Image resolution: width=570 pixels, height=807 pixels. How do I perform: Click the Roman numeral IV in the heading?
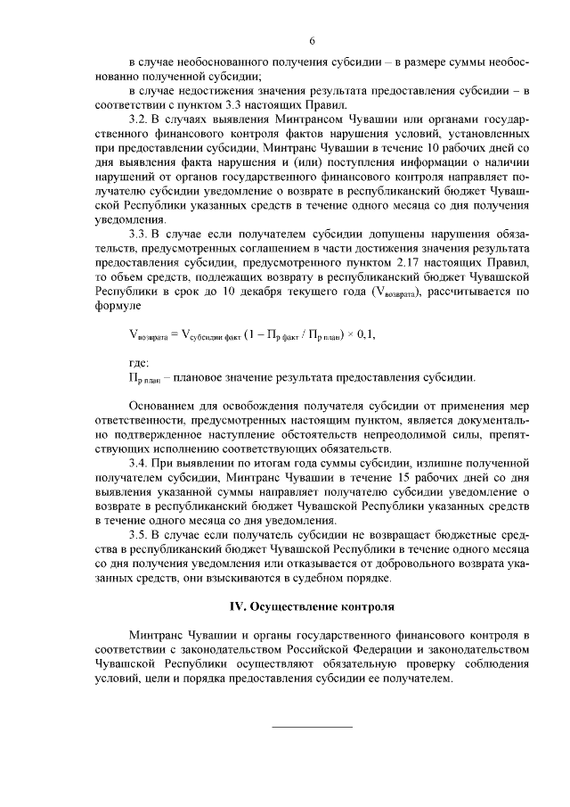coord(237,606)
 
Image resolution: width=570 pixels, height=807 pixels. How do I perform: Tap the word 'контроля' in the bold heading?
coord(366,606)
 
